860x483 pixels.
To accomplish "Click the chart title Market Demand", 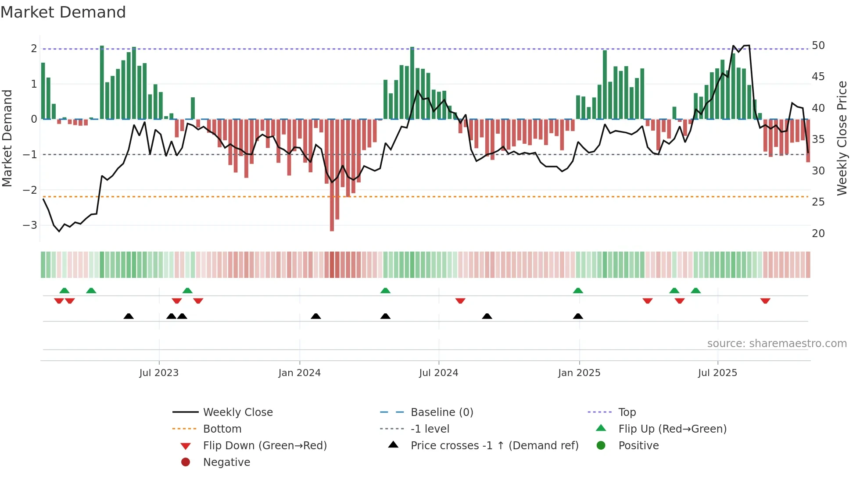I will [63, 12].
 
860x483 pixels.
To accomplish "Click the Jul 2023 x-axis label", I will [159, 373].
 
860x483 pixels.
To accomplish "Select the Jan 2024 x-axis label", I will [299, 373].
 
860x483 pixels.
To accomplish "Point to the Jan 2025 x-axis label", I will [579, 373].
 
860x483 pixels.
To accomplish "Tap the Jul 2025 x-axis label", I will [717, 373].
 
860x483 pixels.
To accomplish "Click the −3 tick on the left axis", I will [30, 225].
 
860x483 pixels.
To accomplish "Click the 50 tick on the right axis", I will [818, 46].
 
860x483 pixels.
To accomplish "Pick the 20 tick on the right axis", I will [818, 234].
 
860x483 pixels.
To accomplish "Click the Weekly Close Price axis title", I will [842, 138].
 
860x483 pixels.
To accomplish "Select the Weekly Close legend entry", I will [237, 412].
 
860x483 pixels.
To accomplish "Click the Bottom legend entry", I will [222, 429].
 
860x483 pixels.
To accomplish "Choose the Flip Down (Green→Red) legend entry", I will [265, 446].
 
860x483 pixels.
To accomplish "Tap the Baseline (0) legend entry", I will [441, 412].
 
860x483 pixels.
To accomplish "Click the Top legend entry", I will [627, 412].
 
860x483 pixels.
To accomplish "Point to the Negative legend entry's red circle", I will [186, 462].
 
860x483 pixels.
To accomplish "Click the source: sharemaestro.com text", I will [777, 344].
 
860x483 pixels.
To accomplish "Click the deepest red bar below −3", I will [332, 219].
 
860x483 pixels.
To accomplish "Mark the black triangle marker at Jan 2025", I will [578, 316].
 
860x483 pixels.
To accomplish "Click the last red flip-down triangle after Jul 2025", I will [765, 301].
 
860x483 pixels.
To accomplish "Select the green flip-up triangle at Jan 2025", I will [578, 291].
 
